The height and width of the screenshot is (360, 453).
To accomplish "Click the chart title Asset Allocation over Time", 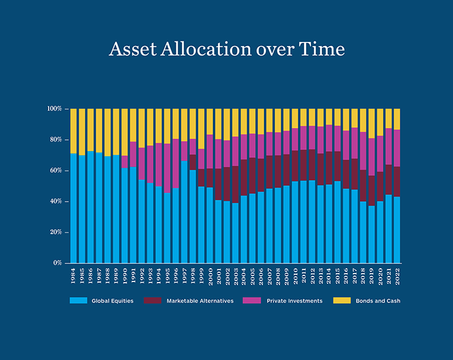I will point(227,49).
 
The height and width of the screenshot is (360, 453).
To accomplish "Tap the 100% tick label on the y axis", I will point(54,109).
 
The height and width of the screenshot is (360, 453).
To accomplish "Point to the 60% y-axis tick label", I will point(55,171).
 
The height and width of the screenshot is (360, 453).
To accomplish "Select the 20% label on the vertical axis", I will point(55,232).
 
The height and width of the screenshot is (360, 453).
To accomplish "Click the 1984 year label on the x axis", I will point(74,276).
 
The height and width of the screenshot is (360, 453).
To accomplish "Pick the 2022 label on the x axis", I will point(397,276).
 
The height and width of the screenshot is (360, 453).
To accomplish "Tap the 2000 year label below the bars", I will point(210,276).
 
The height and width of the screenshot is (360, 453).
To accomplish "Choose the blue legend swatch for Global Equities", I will point(78,301).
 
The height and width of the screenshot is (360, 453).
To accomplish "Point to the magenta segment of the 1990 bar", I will point(125,161).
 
